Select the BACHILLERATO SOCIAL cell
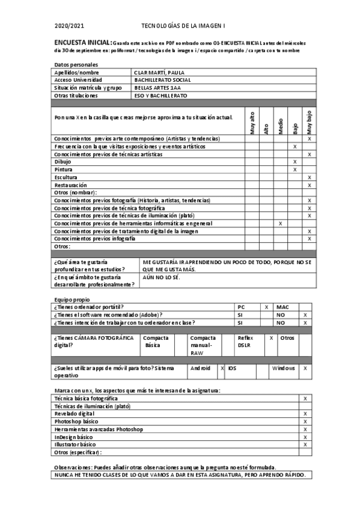tap(162, 79)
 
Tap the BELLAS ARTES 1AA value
tap(157, 87)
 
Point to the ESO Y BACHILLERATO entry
tap(160, 95)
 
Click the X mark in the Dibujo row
tap(294, 162)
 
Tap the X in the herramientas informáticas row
tap(281, 223)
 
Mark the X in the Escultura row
tap(309, 177)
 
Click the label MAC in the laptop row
tap(282, 307)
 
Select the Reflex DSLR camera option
tap(245, 342)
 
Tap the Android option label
tap(200, 367)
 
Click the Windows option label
tap(283, 367)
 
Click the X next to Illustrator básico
tap(306, 444)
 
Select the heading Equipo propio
tap(72, 299)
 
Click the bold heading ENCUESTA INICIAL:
tap(82, 43)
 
